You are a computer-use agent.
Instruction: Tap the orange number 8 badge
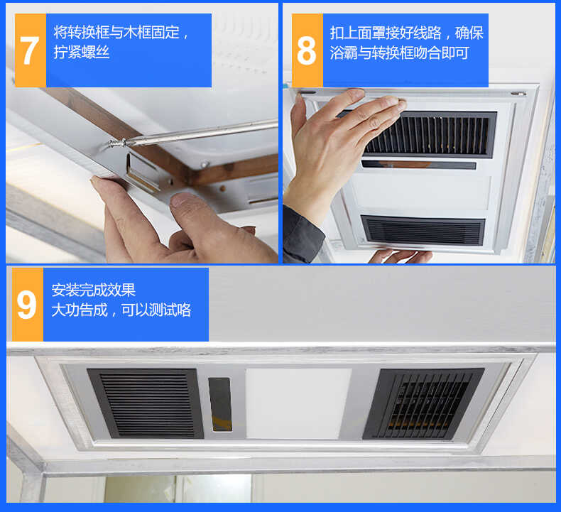point(307,50)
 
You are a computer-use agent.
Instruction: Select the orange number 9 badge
point(27,305)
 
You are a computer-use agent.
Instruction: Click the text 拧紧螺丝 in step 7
point(82,53)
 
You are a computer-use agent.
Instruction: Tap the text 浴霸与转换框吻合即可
point(399,53)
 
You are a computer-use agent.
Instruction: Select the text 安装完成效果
point(93,290)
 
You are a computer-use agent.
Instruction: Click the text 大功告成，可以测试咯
point(121,310)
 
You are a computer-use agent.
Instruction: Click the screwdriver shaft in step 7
point(206,132)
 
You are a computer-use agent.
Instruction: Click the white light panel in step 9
point(298,402)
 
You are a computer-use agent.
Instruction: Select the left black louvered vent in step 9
point(146,403)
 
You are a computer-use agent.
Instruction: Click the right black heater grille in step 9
point(423,403)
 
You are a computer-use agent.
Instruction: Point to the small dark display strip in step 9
point(220,403)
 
